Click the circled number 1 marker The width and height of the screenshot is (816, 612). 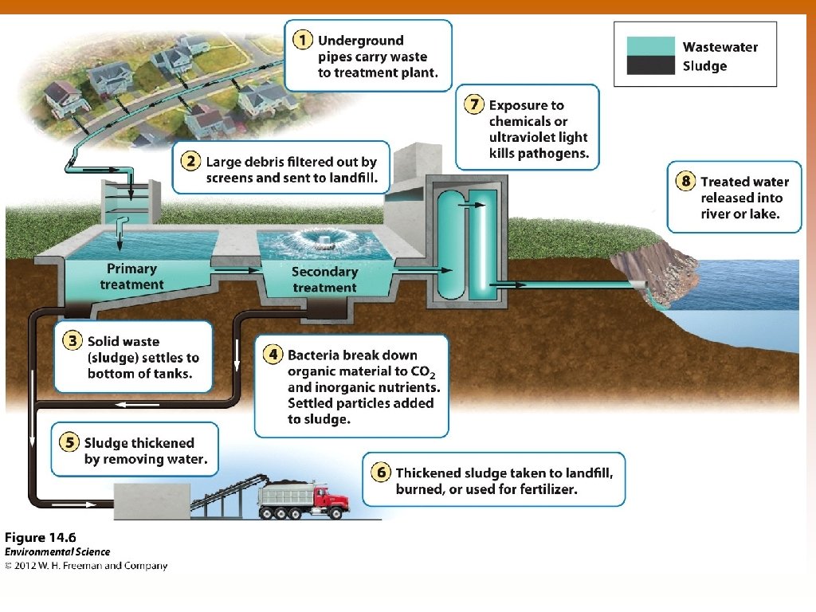301,40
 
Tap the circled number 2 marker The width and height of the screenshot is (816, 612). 190,161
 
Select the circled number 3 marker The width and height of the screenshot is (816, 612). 72,341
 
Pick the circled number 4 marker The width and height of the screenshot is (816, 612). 273,355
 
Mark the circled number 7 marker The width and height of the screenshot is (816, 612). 474,104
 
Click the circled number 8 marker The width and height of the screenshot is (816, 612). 685,182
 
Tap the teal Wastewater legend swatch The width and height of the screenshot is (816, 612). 650,46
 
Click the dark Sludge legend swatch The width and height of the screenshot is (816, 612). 650,65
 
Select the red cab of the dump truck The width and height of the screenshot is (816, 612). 332,499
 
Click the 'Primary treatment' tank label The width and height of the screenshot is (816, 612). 131,277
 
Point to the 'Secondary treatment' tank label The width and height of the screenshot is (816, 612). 324,279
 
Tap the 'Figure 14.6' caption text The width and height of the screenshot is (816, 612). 41,536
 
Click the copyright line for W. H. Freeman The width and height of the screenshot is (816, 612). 86,566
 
